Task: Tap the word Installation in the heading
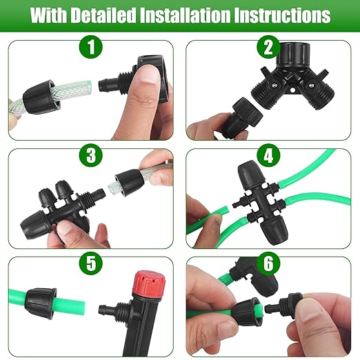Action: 199,14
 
